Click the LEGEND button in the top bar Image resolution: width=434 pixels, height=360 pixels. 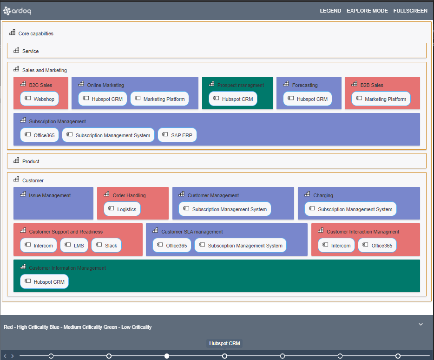pos(330,11)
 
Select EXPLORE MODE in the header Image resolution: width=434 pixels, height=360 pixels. pos(367,11)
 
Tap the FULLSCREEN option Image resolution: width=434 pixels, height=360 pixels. pos(410,11)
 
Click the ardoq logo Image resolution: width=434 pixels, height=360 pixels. pos(18,10)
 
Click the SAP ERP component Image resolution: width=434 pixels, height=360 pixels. pos(177,135)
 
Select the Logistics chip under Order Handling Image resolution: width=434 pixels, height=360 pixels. pos(122,209)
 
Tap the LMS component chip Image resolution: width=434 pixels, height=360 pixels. pos(74,246)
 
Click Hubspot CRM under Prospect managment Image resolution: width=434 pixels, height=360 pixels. pos(233,99)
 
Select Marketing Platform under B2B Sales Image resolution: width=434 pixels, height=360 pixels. pos(381,99)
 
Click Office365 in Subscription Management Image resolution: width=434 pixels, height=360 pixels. pos(39,135)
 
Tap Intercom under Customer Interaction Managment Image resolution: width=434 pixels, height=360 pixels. pos(336,246)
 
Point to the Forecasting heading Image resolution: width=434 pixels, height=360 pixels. pos(305,85)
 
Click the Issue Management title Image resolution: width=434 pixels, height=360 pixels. pos(50,195)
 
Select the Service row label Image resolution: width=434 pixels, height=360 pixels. pos(30,51)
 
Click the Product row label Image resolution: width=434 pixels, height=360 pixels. pos(31,161)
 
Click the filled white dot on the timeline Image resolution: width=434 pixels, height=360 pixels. pos(167,356)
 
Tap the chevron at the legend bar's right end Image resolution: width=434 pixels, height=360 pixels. pos(421,324)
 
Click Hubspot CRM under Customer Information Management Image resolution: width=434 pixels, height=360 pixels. pos(45,282)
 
